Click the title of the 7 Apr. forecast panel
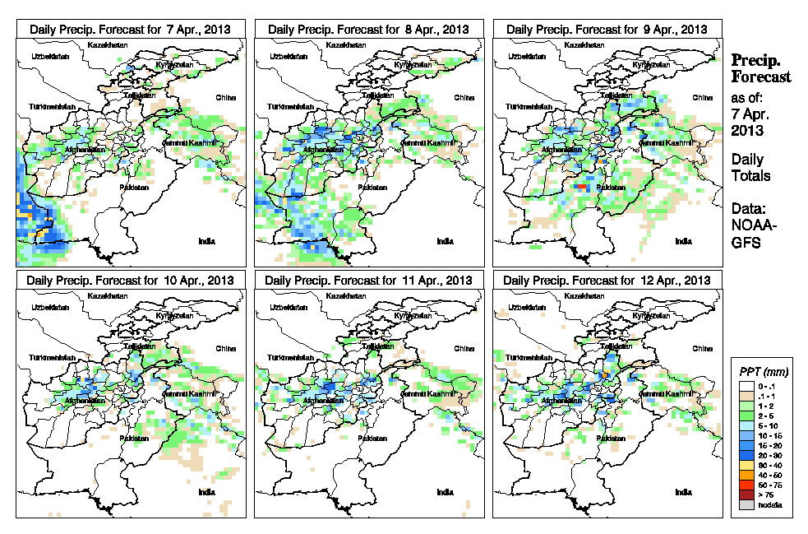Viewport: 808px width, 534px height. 130,29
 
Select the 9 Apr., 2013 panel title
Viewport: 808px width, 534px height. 607,29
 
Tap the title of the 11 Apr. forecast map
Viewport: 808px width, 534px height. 367,280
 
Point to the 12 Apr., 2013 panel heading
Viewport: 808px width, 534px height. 607,280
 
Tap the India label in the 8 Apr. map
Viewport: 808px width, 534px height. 445,241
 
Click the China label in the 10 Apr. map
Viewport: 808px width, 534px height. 226,348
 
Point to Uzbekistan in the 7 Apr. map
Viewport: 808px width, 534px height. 47,57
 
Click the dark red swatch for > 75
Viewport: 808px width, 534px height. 743,495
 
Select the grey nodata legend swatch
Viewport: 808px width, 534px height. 743,504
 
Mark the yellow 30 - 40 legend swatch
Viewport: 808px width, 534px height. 743,464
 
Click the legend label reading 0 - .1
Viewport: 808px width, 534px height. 764,385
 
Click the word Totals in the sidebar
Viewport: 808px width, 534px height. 750,175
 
